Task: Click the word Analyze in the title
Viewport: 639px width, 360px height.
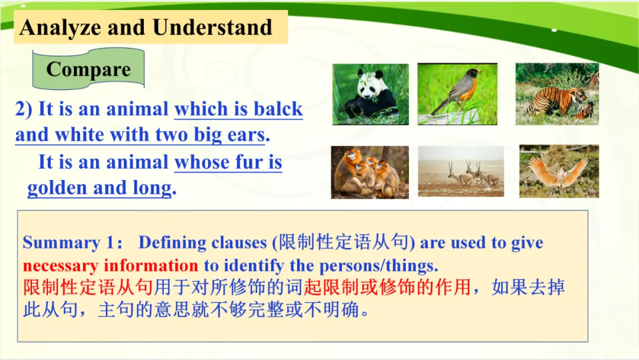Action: pos(60,28)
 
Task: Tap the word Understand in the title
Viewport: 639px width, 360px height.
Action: pos(212,27)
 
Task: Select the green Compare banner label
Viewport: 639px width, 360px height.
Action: pos(88,69)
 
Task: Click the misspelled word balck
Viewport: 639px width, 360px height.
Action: pos(278,109)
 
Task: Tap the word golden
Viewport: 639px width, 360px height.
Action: pos(57,188)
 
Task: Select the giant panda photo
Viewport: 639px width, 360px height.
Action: pos(370,94)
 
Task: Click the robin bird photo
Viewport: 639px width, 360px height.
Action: pos(457,94)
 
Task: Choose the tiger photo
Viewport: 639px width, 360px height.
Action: pos(557,94)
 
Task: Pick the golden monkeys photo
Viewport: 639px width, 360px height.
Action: pos(370,172)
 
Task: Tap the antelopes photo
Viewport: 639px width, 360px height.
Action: pos(461,171)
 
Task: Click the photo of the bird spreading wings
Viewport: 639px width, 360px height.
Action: pos(559,171)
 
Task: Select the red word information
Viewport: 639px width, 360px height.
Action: pos(151,265)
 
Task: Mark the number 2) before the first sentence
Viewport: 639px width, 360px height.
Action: pos(24,110)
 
